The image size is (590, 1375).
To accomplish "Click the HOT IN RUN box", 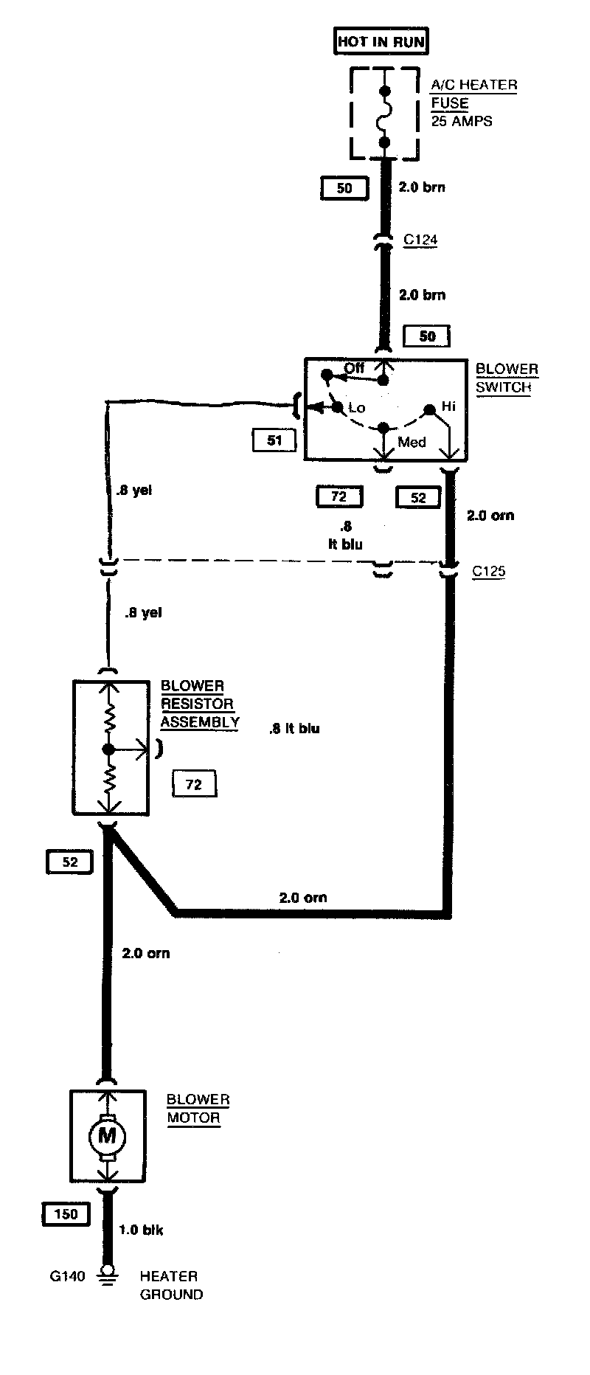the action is click(x=381, y=41).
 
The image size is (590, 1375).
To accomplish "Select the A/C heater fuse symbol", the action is click(x=383, y=116).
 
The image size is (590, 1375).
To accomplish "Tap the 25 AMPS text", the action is click(x=462, y=121).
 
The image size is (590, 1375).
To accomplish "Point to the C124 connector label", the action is click(x=420, y=240).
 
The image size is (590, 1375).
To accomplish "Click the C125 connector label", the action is click(x=488, y=571).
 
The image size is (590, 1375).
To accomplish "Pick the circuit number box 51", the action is click(x=274, y=440).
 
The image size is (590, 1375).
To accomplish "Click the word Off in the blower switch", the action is click(x=354, y=368).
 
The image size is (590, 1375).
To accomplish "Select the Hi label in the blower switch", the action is click(x=449, y=406).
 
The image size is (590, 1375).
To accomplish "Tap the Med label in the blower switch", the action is click(x=412, y=442).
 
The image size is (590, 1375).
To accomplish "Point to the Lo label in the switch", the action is click(x=357, y=408).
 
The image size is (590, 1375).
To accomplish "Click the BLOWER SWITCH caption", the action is click(x=507, y=378).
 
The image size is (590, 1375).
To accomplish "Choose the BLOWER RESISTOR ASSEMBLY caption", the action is click(x=200, y=704).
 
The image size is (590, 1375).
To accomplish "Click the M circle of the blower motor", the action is click(x=108, y=1135).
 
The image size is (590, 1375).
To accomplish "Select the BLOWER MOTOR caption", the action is click(x=198, y=1109).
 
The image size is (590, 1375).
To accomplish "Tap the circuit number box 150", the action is click(x=66, y=1213).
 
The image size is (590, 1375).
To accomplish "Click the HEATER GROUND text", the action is click(x=171, y=1285).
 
